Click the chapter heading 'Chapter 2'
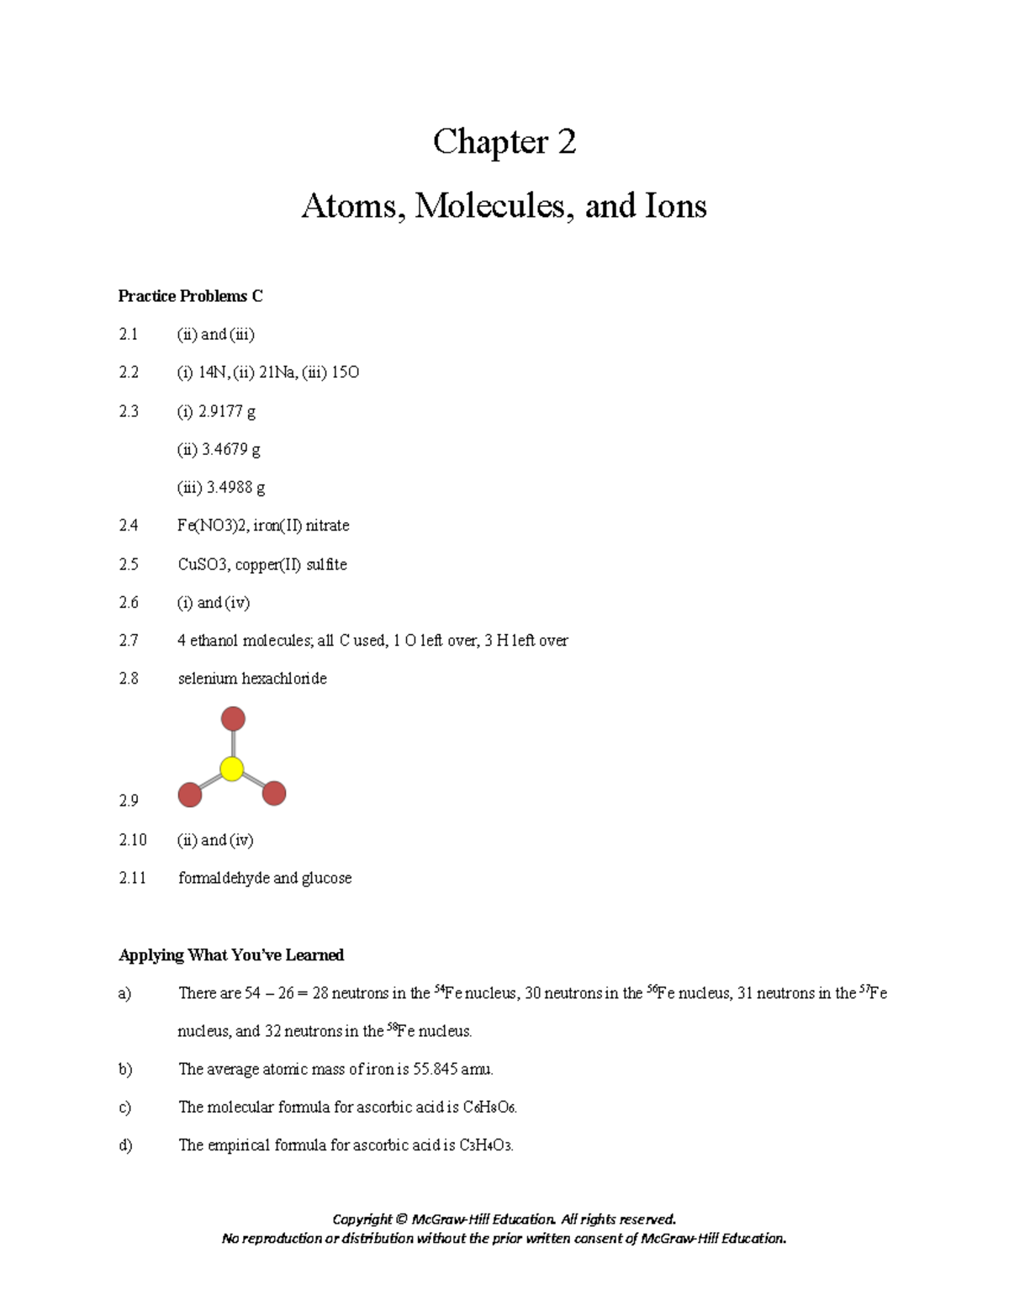tap(504, 142)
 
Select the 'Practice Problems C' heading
tap(190, 296)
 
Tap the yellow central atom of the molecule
tap(231, 769)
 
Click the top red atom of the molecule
tap(233, 719)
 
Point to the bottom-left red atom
tap(190, 795)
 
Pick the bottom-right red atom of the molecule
tap(274, 793)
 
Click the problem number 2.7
tap(129, 641)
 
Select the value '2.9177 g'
tap(227, 411)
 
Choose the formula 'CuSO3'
tap(203, 564)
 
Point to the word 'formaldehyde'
tap(223, 878)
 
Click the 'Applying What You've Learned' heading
tap(231, 955)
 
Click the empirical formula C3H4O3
tap(484, 1145)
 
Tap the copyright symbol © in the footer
tap(401, 1219)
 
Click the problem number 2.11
tap(132, 878)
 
